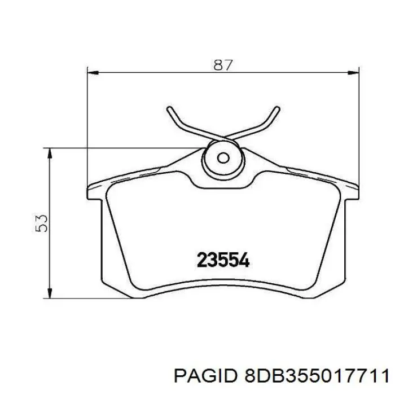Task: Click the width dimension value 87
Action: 223,65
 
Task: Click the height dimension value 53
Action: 41,223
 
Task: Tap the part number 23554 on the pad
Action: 223,260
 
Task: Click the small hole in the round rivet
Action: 223,158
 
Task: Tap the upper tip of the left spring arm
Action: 170,108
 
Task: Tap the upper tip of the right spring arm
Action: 276,108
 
